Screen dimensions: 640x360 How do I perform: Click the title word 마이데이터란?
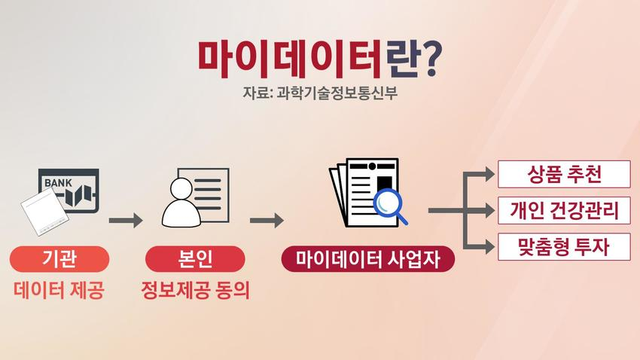(x=319, y=56)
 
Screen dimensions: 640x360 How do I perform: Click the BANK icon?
(x=69, y=191)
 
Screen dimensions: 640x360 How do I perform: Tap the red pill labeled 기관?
(x=60, y=260)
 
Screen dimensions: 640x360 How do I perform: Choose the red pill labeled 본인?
(x=195, y=260)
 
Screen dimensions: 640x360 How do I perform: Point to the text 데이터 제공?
(x=59, y=291)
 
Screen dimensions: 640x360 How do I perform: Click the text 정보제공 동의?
(x=194, y=291)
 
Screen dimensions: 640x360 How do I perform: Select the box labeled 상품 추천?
(x=563, y=175)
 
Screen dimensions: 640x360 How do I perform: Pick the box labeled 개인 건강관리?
(x=563, y=211)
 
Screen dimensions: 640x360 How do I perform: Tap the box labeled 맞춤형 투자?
(x=563, y=246)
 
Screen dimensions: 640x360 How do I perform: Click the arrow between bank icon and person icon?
(x=126, y=221)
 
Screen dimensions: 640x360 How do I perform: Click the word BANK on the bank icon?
(x=59, y=183)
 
